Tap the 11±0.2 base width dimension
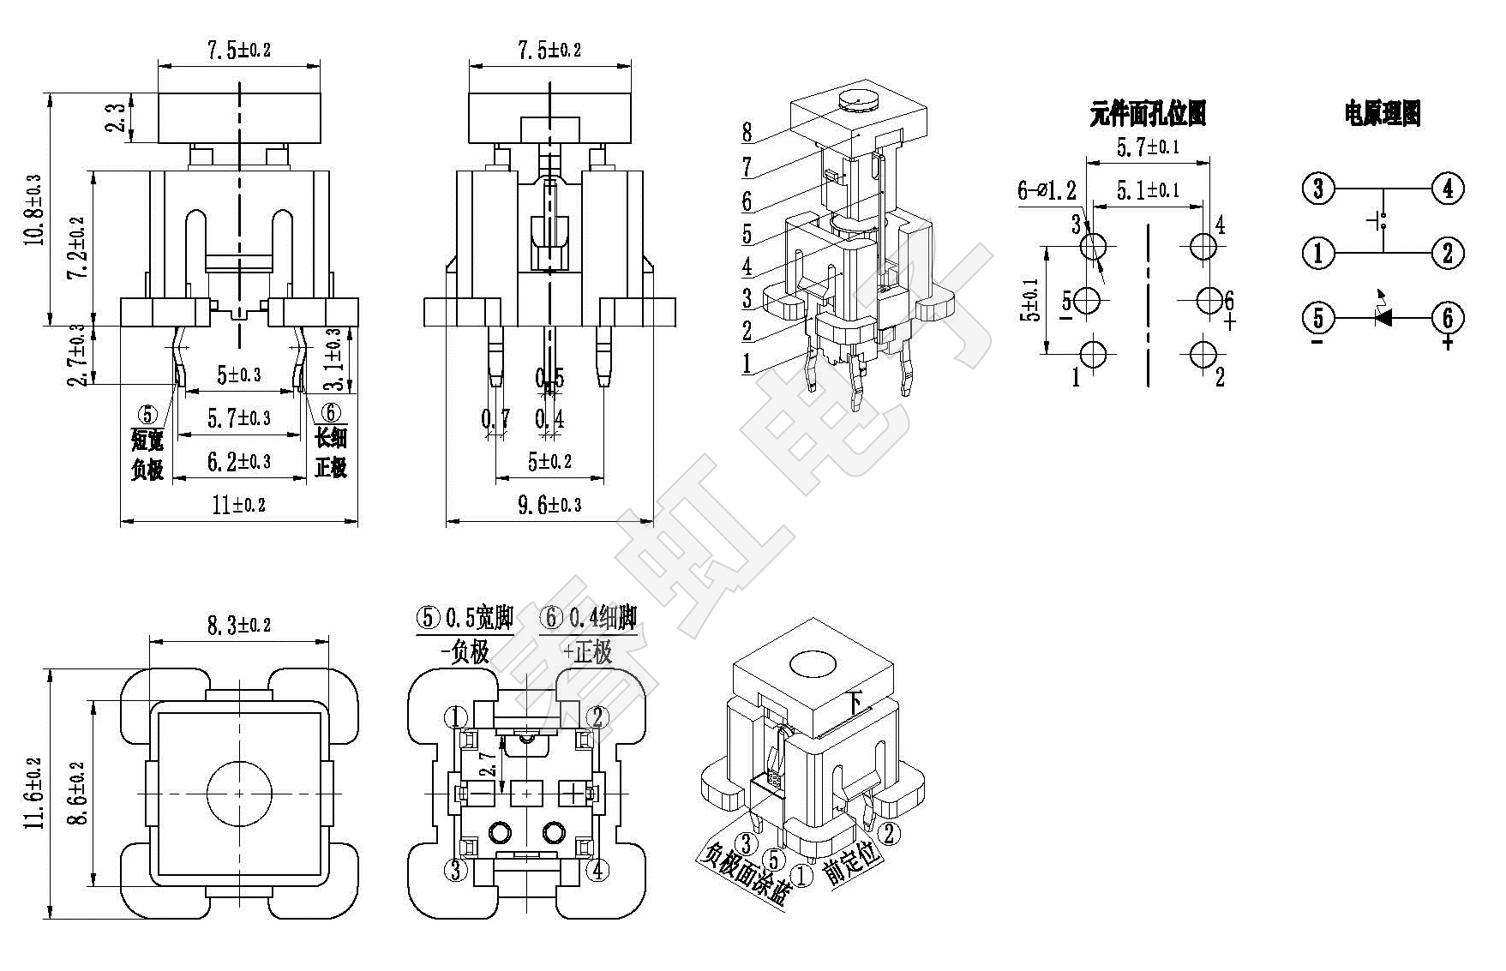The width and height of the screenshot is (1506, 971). click(238, 505)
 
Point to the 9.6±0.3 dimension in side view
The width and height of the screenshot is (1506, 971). click(549, 505)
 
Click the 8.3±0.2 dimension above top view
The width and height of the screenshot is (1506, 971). click(239, 626)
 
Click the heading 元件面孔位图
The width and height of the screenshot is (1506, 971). click(1148, 113)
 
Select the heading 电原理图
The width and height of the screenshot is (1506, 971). click(1382, 113)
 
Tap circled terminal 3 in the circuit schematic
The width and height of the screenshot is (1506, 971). click(1318, 188)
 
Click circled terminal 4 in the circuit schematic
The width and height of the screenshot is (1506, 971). click(1448, 188)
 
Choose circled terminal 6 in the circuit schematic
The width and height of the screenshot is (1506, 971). click(1448, 318)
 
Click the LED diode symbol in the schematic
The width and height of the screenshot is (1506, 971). click(1383, 318)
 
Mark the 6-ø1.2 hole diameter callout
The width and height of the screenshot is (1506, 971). click(1047, 190)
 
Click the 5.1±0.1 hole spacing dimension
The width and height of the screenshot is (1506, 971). click(1148, 190)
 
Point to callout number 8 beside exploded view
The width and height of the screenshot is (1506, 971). click(747, 132)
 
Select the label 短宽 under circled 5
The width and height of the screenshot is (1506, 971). click(147, 441)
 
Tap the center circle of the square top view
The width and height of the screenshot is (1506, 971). click(239, 792)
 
